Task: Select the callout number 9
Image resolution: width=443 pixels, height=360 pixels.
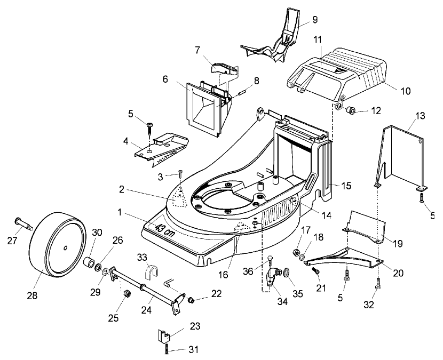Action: point(314,20)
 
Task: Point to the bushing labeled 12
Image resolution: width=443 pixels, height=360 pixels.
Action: point(351,110)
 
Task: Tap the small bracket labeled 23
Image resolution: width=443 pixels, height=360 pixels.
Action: point(165,337)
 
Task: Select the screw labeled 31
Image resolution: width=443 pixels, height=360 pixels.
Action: point(168,350)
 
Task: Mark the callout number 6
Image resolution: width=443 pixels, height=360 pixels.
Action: point(165,78)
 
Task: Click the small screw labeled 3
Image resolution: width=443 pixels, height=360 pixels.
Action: point(181,172)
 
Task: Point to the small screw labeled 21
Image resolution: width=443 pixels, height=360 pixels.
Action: point(315,271)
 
